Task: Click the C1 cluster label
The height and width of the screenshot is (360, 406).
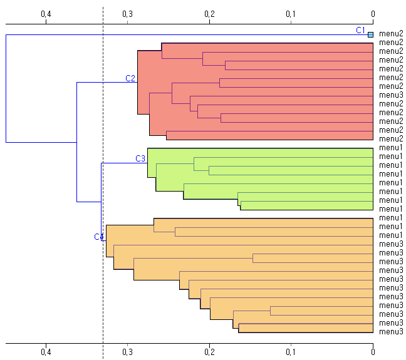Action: coord(360,30)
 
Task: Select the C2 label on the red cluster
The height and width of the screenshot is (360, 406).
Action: coord(130,78)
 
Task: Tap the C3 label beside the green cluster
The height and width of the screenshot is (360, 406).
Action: coord(140,158)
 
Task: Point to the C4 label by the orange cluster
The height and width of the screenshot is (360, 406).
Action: coord(98,237)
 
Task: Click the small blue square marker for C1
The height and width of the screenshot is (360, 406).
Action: coord(370,34)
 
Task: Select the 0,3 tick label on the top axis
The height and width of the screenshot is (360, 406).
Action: coord(128,14)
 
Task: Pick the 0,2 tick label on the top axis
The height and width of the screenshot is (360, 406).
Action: coord(209,14)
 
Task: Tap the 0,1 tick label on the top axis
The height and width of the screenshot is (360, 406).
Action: coord(291,14)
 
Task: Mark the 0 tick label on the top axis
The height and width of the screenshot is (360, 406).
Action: coord(373,14)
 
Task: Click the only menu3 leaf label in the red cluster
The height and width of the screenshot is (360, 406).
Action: coord(391,95)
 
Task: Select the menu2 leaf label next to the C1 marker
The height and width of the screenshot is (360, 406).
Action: coord(391,34)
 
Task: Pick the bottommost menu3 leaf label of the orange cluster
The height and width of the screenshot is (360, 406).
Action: coord(391,332)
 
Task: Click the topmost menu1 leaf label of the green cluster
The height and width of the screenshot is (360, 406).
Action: coord(391,148)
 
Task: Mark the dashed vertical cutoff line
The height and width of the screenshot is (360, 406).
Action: coord(103,188)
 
